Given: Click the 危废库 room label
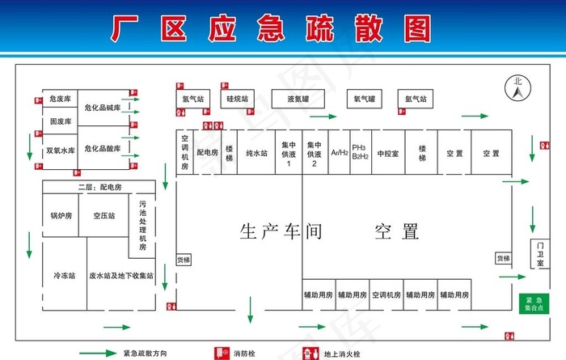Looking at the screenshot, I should coord(61,99).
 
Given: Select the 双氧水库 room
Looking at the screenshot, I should coord(61,150).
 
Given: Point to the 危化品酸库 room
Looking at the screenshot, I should coord(103,149).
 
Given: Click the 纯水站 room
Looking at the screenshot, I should coord(257,152).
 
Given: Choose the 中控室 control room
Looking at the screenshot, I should coord(387,152).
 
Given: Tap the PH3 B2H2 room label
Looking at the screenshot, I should coord(360,152).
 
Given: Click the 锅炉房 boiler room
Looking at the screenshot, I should coord(61,216).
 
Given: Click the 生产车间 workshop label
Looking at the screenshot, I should coord(281,232).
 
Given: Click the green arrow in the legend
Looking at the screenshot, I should coord(98,353).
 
